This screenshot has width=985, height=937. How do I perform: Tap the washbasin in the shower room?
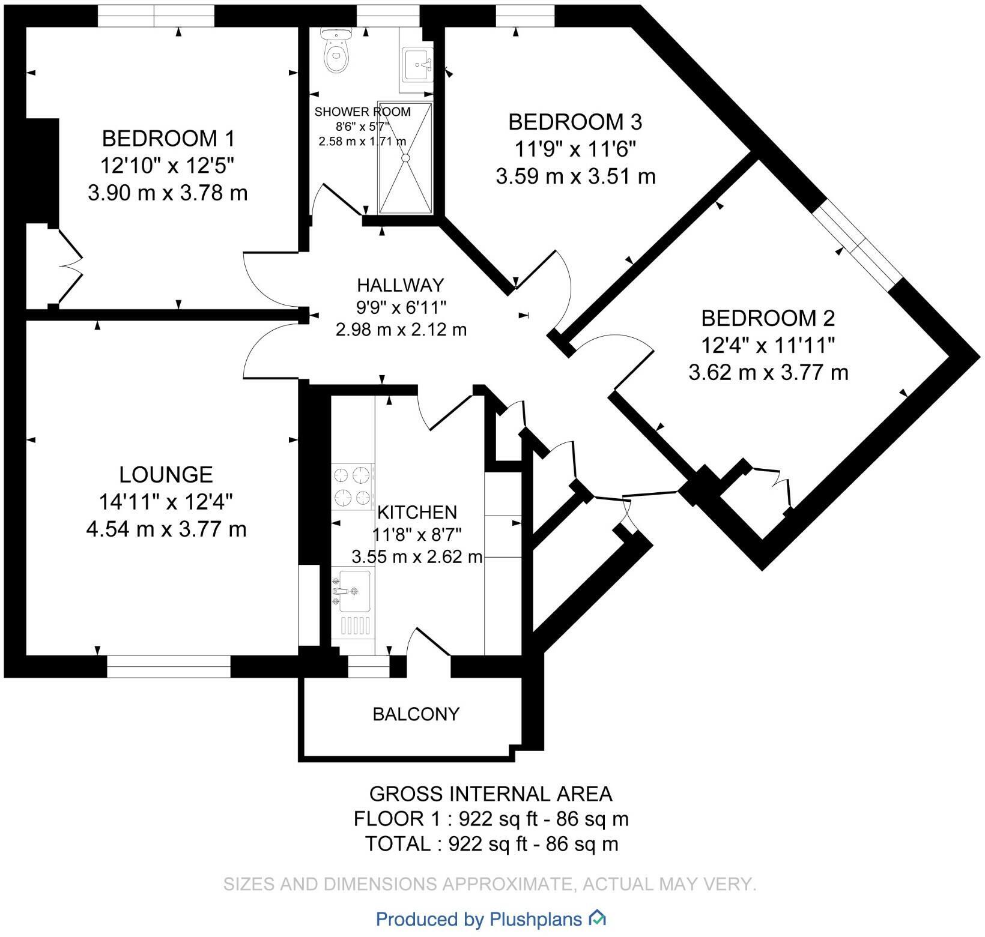tap(417, 64)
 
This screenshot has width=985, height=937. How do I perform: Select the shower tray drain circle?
tap(405, 157)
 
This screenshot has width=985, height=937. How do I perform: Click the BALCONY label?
tap(416, 714)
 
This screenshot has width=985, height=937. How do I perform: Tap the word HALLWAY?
tap(401, 285)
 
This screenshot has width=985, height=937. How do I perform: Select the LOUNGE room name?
tap(166, 475)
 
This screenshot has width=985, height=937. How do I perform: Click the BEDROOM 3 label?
tap(575, 122)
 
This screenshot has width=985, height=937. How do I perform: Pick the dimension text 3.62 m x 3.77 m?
tap(768, 373)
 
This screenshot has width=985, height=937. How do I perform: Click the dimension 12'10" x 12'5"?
tap(168, 166)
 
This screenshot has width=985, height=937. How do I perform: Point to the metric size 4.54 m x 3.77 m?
tap(166, 529)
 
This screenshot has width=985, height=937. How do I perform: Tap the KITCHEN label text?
tap(417, 512)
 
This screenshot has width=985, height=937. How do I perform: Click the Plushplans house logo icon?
tap(597, 918)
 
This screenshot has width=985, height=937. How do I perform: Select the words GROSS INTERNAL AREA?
tap(491, 794)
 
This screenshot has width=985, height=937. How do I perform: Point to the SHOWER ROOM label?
tap(363, 112)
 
